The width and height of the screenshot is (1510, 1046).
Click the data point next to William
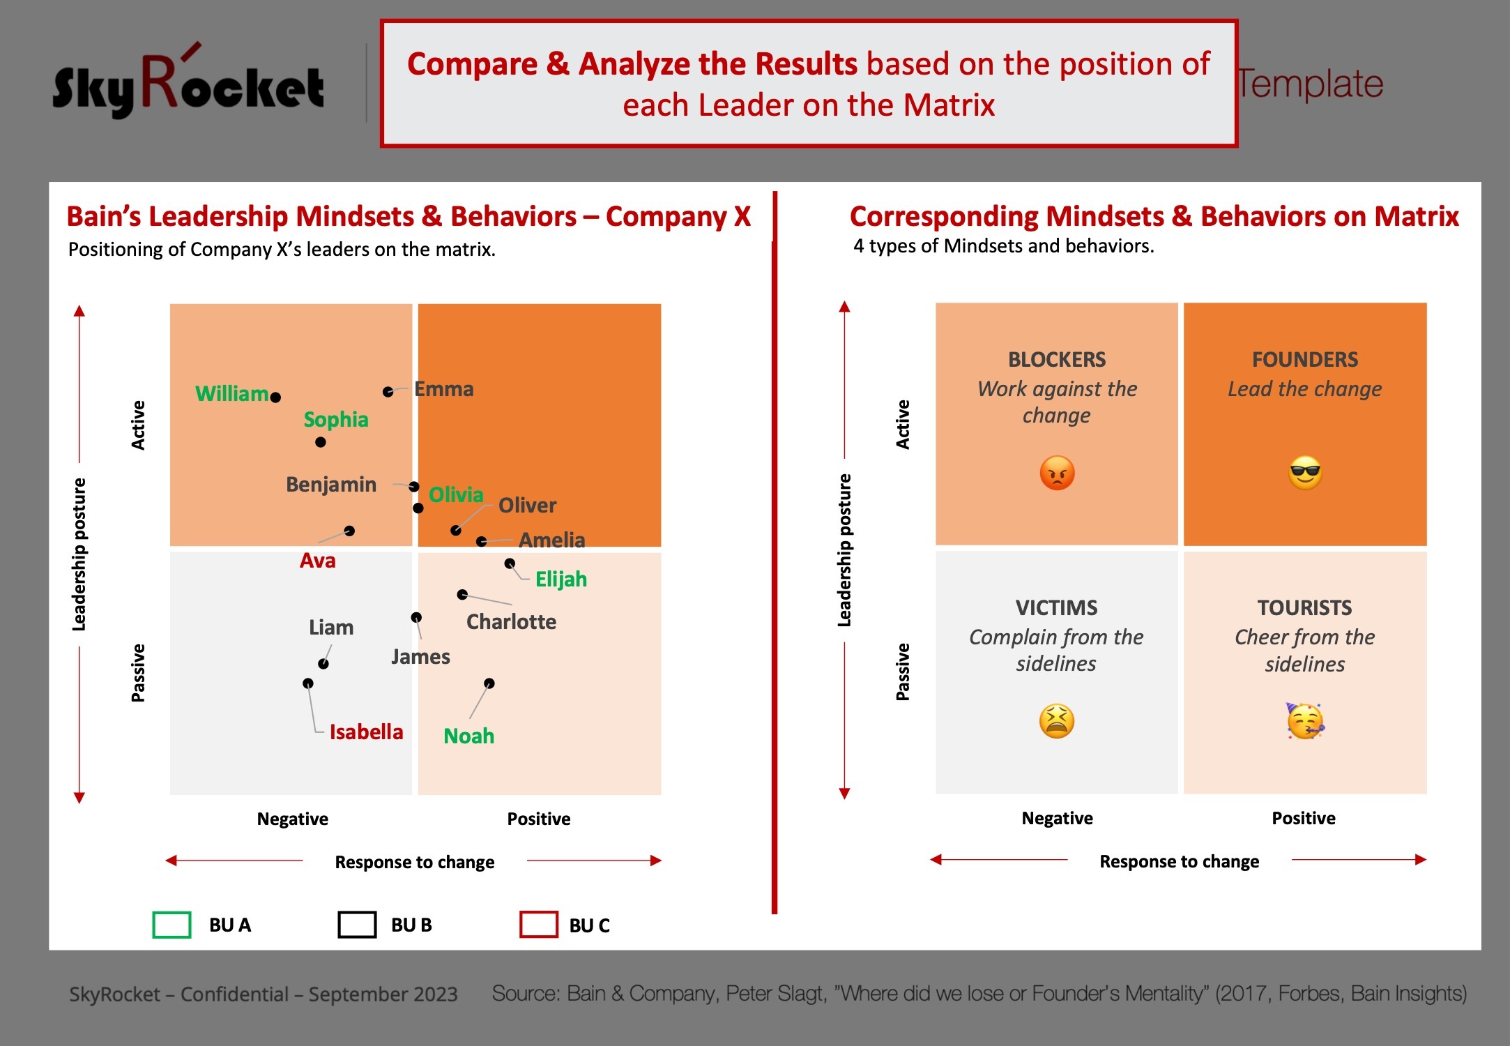tap(275, 397)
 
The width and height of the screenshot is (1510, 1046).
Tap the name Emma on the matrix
tap(444, 389)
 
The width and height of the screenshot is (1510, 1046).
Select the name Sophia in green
tap(336, 420)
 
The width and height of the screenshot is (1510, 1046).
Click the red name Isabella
tap(366, 732)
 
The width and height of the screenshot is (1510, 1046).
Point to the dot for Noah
tap(489, 683)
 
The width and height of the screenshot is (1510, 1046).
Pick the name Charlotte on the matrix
tap(511, 621)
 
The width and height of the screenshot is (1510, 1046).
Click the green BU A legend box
tap(171, 925)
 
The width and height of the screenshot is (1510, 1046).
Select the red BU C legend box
tap(539, 925)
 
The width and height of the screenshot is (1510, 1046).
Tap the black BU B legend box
tap(357, 925)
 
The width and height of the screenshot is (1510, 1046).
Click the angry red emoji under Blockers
tap(1057, 473)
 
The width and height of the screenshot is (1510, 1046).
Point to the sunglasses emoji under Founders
tap(1305, 473)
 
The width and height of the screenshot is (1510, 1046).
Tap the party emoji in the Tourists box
tap(1305, 721)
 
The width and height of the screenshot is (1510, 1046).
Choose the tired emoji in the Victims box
tap(1057, 721)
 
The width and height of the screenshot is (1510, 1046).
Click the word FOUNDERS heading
tap(1305, 360)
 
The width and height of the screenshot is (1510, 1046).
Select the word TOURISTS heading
tap(1305, 608)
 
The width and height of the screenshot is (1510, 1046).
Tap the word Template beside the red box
tap(1311, 84)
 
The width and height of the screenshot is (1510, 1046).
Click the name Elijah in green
tap(561, 579)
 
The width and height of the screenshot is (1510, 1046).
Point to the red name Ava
tap(318, 561)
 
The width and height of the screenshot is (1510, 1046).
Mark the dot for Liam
tap(323, 664)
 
